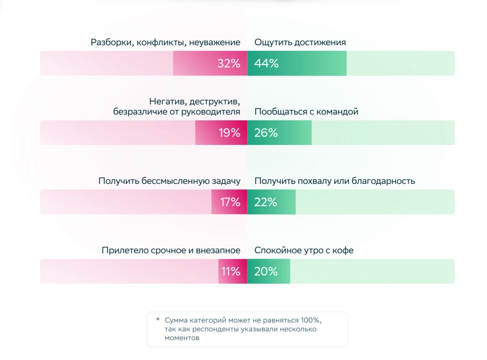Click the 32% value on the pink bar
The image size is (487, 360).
[x=228, y=64]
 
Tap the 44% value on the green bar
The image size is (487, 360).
[x=266, y=64]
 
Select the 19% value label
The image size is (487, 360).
[x=229, y=133]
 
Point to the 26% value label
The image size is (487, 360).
[x=266, y=133]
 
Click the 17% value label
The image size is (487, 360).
[x=230, y=202]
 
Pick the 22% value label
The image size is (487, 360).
[x=266, y=202]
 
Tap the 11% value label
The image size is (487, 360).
[x=231, y=272]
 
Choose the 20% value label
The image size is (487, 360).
[x=266, y=272]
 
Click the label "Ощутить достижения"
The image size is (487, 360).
[x=300, y=42]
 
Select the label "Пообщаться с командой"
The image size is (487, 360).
[x=306, y=111]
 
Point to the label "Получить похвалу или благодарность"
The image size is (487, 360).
[x=335, y=181]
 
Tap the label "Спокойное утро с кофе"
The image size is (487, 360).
[x=304, y=251]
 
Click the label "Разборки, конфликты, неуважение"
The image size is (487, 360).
[x=165, y=42]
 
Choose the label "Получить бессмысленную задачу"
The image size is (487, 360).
[x=169, y=181]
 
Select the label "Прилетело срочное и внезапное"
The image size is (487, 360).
[x=171, y=251]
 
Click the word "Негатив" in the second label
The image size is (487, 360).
[x=167, y=101]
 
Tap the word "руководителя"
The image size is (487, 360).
[x=214, y=111]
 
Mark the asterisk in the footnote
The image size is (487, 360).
[x=158, y=320]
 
